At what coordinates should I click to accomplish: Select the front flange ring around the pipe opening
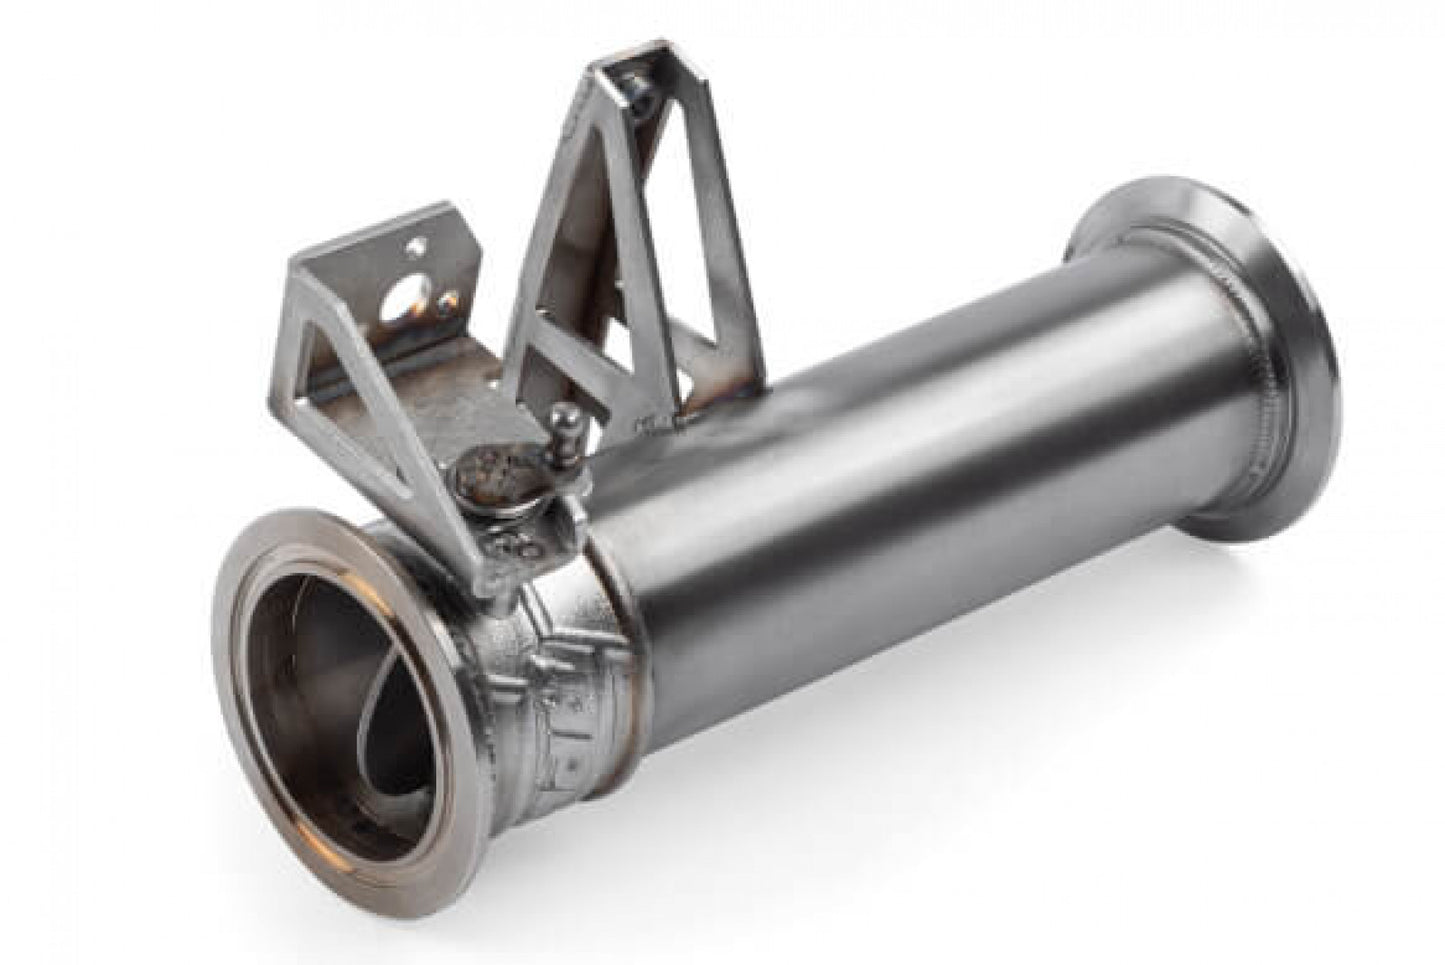250,640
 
